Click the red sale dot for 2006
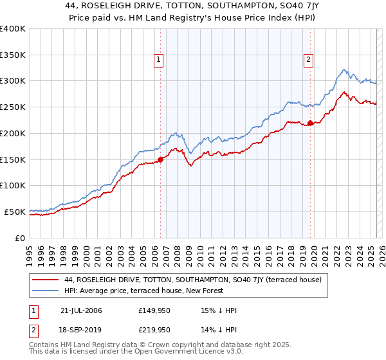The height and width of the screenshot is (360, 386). (x=161, y=160)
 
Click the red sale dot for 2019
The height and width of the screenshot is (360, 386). (x=310, y=123)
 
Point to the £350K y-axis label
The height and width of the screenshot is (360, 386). (x=13, y=55)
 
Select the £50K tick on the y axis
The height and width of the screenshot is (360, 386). (x=15, y=212)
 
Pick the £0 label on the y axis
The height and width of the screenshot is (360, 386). (x=21, y=238)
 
